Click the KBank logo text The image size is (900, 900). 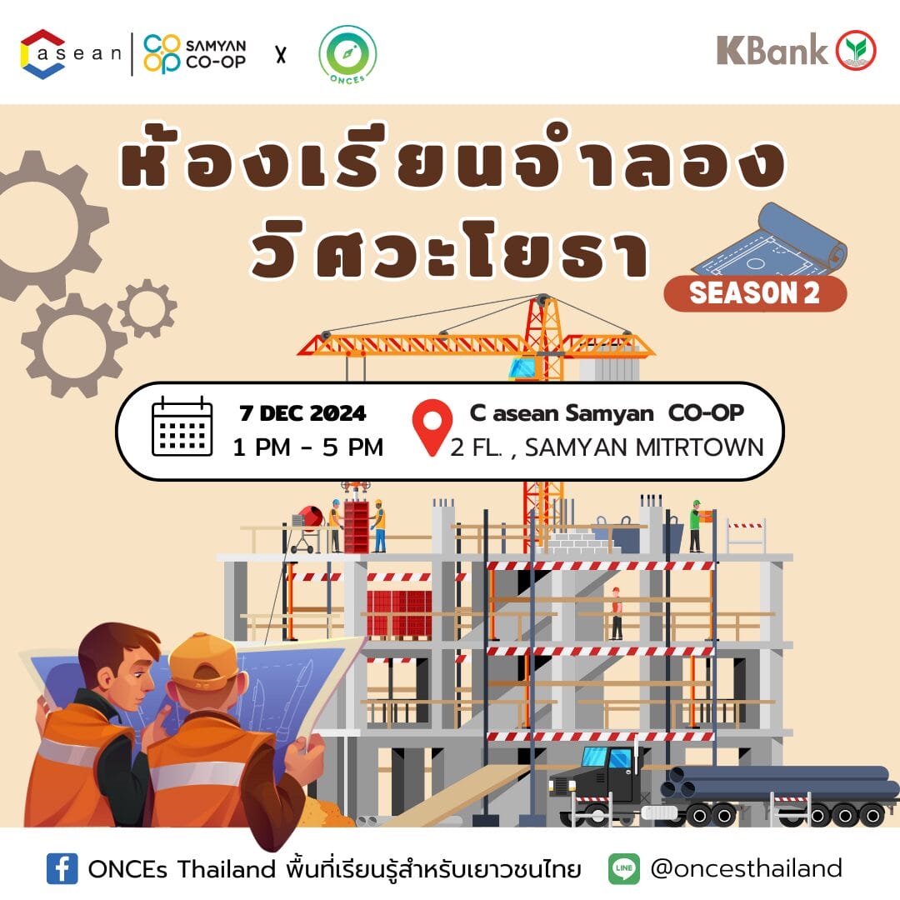(772, 50)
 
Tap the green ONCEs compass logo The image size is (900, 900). (347, 54)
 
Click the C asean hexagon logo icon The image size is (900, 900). (42, 53)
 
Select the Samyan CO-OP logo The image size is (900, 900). (194, 54)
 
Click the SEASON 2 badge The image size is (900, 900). (755, 293)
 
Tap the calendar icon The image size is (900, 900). (182, 426)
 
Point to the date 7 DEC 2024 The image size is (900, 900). (302, 413)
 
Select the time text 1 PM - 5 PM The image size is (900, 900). (307, 447)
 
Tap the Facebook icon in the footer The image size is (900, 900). (62, 868)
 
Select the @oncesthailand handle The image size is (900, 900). (746, 868)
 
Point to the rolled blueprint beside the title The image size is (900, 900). (771, 240)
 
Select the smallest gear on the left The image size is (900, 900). (147, 308)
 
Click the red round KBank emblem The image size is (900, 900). (855, 51)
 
